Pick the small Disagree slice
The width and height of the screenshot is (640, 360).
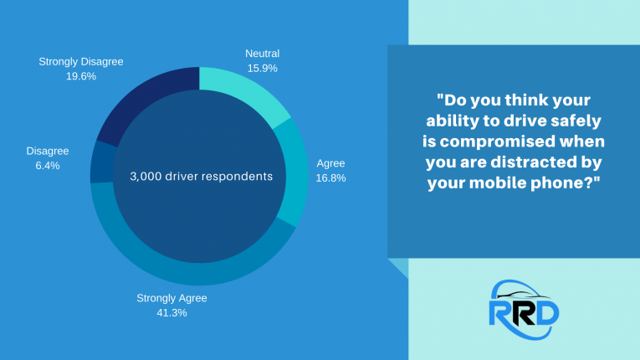pos(101,162)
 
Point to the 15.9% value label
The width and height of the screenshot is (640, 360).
pos(262,68)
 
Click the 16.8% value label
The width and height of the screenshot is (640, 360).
pos(330,177)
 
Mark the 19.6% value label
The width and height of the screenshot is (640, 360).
pos(80,75)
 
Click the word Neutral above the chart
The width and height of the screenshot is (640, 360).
pos(263,53)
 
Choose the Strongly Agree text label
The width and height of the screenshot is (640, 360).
pos(172,297)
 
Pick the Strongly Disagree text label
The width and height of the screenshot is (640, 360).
pos(80,61)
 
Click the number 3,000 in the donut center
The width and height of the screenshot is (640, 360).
pos(149,176)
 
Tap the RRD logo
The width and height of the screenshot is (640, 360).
pos(524,304)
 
